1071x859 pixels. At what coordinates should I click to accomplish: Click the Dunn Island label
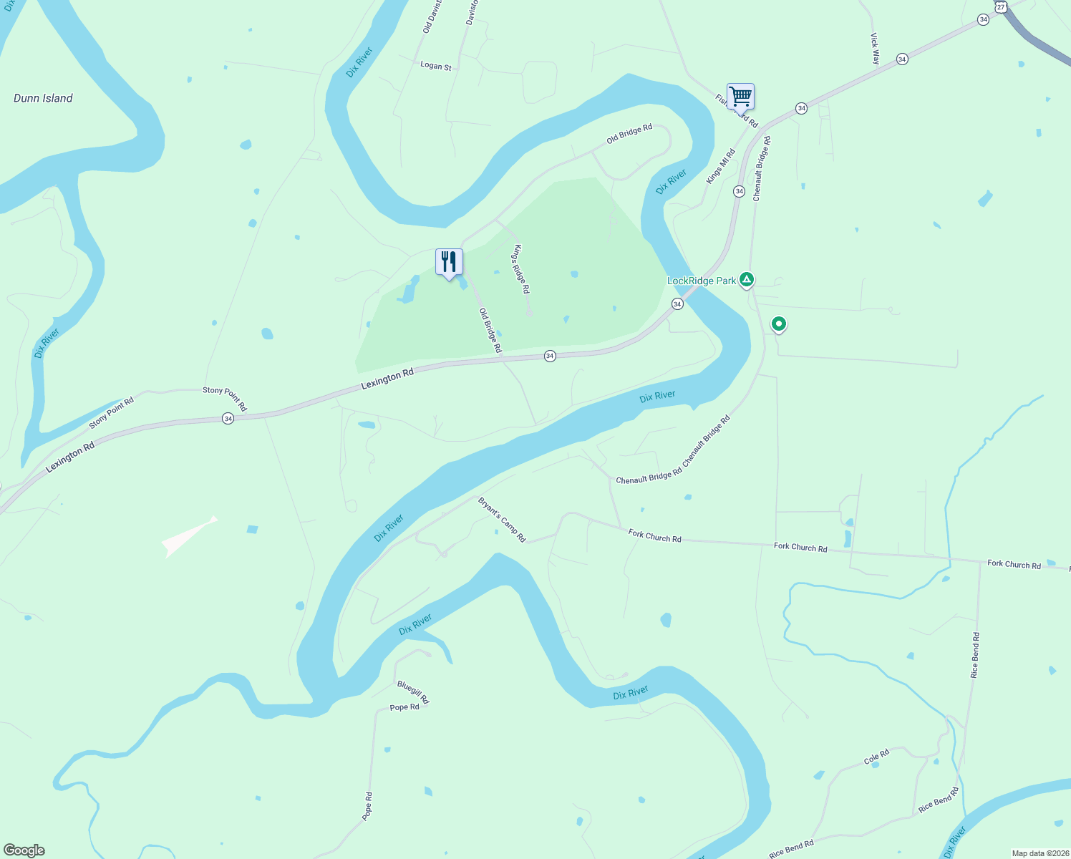coord(43,98)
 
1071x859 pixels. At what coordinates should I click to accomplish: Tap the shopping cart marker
coord(740,96)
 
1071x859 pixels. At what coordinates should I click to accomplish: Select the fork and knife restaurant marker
coord(449,262)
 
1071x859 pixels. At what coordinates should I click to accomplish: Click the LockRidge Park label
coord(702,281)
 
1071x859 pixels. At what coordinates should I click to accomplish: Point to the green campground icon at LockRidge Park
coord(747,279)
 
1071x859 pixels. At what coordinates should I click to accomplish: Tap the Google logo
coord(24,850)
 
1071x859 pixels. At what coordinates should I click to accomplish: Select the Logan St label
coord(436,66)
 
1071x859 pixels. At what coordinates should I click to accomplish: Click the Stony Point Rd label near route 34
coord(225,399)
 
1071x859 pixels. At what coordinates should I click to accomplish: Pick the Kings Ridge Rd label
coord(520,269)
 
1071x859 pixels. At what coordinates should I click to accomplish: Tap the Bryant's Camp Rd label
coord(502,520)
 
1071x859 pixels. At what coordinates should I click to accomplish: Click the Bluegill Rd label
coord(413,691)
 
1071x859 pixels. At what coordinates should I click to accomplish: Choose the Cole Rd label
coord(876,757)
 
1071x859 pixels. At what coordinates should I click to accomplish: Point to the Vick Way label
coord(875,49)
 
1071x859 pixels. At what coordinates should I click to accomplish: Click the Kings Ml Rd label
coord(720,166)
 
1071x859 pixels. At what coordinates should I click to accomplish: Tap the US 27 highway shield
coord(1001,6)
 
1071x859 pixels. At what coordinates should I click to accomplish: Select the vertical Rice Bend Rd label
coord(974,655)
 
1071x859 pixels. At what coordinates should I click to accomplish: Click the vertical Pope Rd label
coord(367,806)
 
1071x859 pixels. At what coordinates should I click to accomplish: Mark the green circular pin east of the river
coord(778,324)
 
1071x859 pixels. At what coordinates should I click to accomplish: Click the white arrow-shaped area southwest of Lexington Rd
coord(188,536)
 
